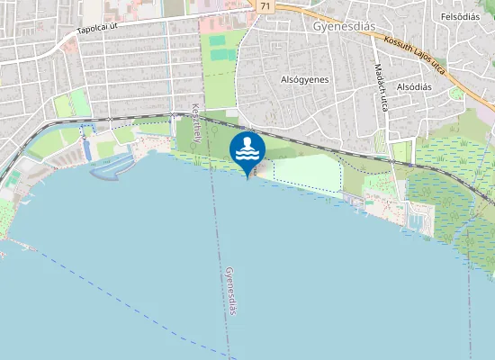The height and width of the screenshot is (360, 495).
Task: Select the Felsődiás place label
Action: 461,17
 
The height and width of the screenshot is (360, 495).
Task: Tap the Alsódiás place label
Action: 415,86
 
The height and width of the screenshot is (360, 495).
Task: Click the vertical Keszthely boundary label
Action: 195,122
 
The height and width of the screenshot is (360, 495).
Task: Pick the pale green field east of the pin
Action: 306,173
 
